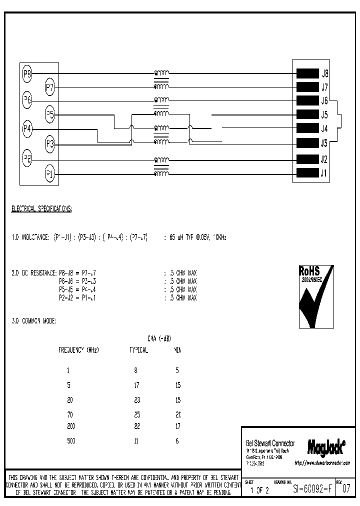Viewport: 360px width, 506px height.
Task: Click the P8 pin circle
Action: click(x=27, y=74)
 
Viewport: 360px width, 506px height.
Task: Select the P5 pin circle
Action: click(x=50, y=114)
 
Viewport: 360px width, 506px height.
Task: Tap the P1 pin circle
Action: click(x=50, y=174)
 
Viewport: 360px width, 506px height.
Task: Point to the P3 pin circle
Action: click(x=50, y=144)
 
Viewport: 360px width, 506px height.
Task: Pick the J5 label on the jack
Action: click(x=324, y=114)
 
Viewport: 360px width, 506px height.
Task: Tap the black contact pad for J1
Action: click(x=307, y=173)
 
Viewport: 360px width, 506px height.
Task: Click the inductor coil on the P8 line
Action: click(x=161, y=73)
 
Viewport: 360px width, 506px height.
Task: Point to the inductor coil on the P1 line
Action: click(x=161, y=174)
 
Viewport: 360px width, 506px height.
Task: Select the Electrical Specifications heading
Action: click(x=41, y=208)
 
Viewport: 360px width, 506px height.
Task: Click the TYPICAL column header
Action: click(x=138, y=350)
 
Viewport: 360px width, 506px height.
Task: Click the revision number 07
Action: click(x=346, y=490)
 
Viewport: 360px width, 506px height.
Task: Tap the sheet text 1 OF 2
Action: click(x=259, y=490)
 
